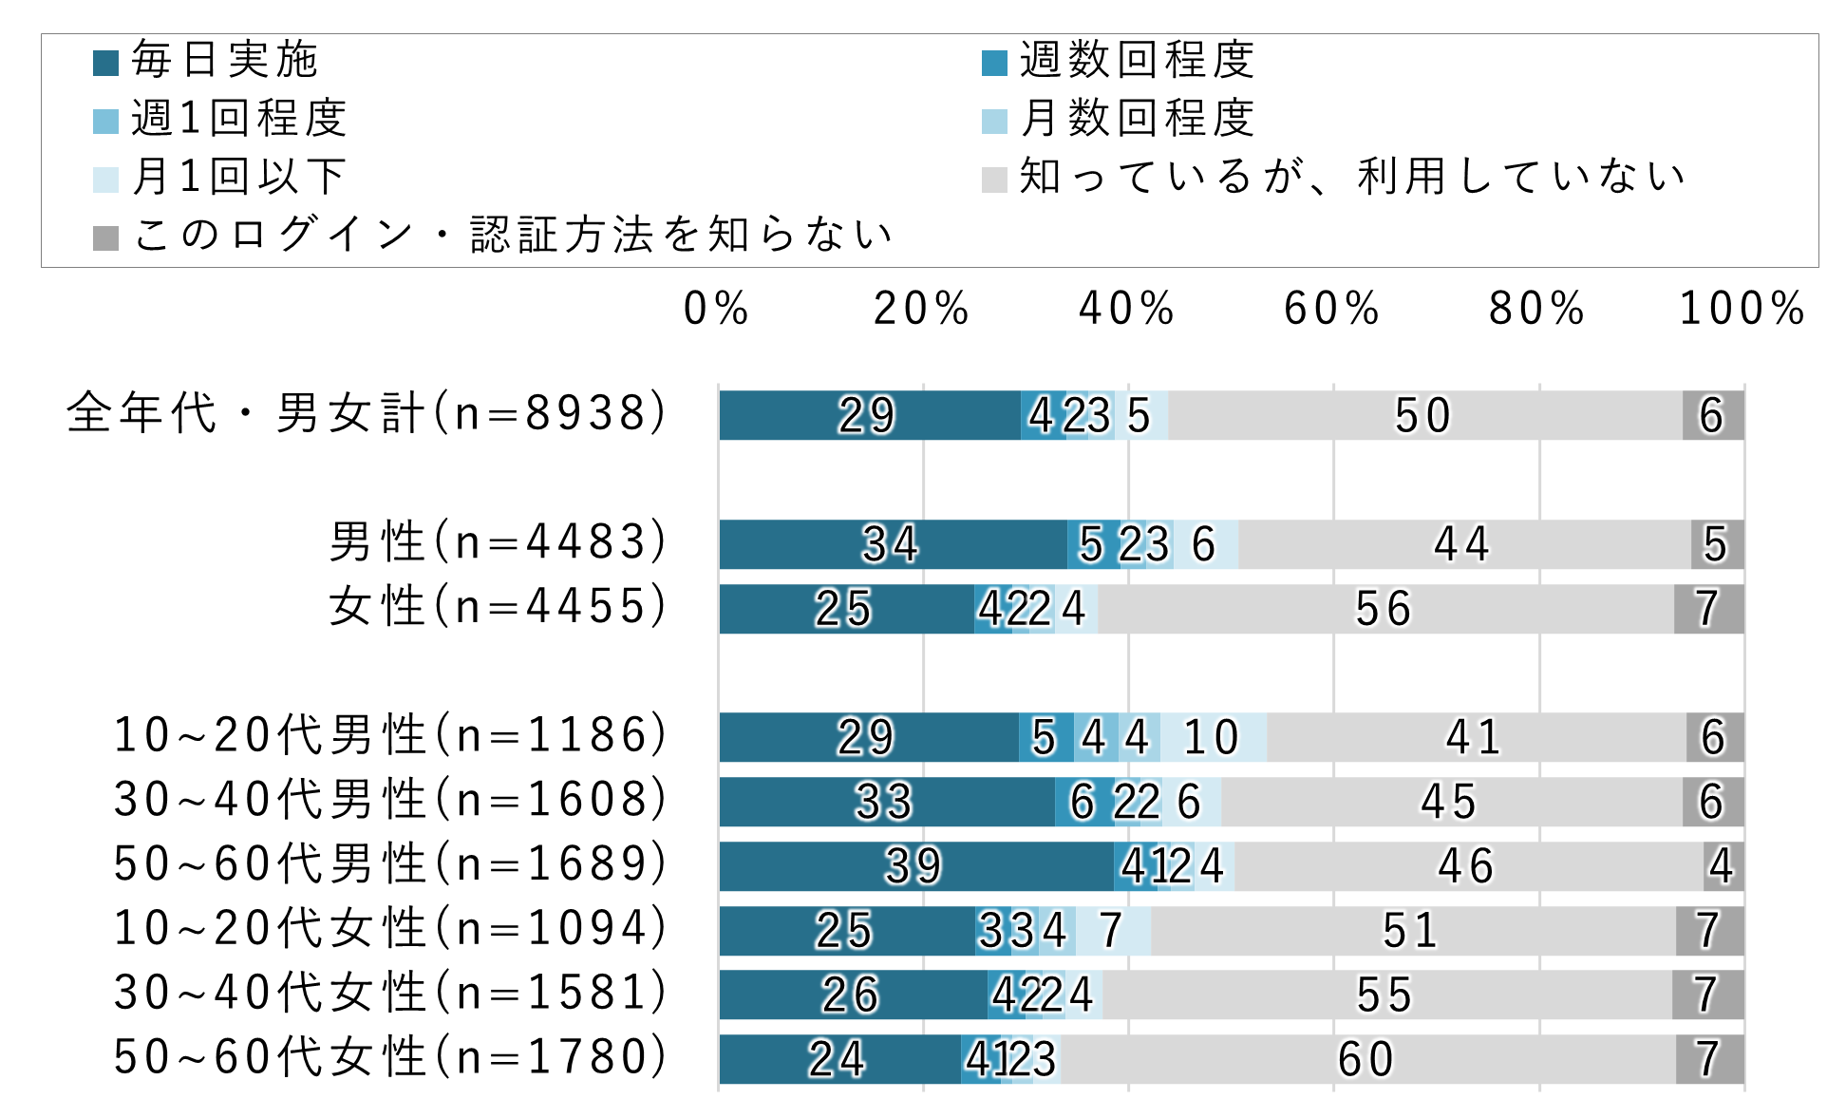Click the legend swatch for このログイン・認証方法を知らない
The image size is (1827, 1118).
(x=105, y=237)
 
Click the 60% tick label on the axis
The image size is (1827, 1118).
(x=1331, y=309)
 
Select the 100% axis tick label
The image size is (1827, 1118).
(x=1742, y=309)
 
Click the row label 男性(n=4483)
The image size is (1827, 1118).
(x=498, y=542)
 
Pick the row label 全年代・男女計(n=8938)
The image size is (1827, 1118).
(x=367, y=413)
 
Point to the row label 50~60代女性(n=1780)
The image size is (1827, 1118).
(x=390, y=1057)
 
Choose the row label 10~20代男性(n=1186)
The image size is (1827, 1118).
(x=390, y=735)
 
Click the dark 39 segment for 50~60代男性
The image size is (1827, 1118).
(x=915, y=866)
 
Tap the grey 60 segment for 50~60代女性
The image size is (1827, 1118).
(x=1367, y=1059)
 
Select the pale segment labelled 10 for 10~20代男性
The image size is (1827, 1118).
(x=1213, y=737)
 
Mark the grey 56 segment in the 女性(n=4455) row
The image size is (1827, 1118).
(x=1384, y=609)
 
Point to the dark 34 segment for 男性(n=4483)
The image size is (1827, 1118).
(x=892, y=544)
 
